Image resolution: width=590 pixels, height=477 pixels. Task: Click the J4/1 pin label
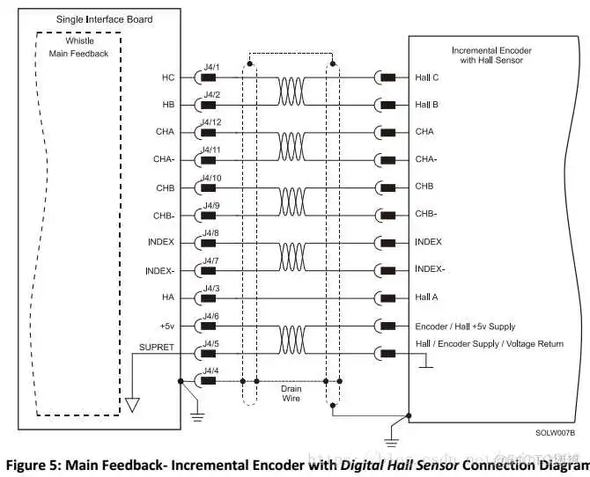point(211,68)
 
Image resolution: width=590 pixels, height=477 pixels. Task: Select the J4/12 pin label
point(211,122)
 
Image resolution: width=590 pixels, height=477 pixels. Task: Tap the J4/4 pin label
point(211,371)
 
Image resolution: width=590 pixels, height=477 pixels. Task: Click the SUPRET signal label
point(156,347)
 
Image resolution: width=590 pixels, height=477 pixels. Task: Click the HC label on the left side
point(167,77)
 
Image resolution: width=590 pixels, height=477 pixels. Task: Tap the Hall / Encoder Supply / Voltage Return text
point(489,344)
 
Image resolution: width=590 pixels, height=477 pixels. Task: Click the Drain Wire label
point(291,393)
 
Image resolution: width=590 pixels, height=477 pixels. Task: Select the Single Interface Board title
point(104,19)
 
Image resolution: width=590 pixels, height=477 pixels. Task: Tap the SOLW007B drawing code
point(555,433)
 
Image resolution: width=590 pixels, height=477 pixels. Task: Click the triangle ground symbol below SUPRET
point(132,406)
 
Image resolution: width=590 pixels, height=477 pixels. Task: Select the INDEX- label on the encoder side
point(431,269)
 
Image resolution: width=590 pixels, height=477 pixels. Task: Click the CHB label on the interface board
point(165,187)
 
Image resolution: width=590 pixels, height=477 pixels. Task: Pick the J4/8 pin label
point(211,232)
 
